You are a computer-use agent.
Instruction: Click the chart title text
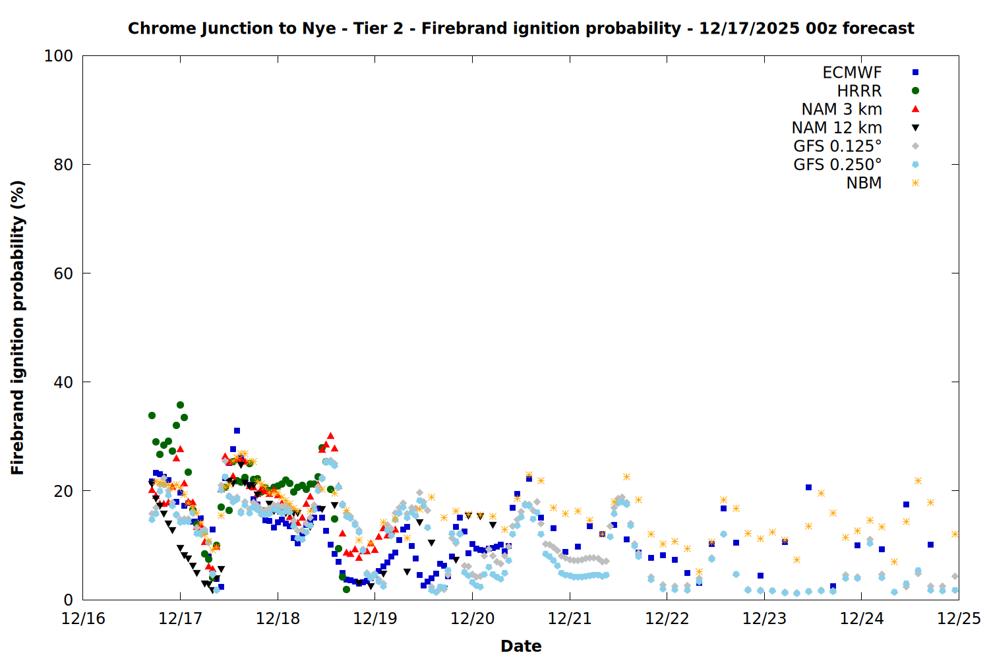click(x=521, y=28)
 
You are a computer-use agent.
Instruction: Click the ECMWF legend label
click(x=852, y=72)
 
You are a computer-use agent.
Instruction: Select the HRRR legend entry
click(x=859, y=91)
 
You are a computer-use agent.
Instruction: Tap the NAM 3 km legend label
click(x=841, y=109)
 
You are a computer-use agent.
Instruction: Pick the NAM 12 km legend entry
click(x=837, y=128)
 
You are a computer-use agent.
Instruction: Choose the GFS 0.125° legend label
click(x=837, y=146)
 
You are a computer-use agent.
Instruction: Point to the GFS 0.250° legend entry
click(x=837, y=165)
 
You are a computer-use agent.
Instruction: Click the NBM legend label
click(x=864, y=183)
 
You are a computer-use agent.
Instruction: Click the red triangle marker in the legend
click(x=915, y=109)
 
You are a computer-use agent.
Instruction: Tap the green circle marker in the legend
click(x=915, y=91)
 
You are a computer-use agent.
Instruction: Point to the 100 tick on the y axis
click(x=59, y=56)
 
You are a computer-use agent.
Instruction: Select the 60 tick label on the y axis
click(x=63, y=273)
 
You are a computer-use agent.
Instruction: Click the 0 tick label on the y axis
click(x=68, y=600)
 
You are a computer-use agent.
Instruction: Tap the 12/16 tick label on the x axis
click(x=83, y=619)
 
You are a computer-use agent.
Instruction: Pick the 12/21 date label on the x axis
click(x=570, y=619)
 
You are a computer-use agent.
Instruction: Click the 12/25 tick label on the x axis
click(x=959, y=619)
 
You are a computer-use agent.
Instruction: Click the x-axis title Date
click(x=521, y=646)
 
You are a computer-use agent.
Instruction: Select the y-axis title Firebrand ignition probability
click(x=17, y=328)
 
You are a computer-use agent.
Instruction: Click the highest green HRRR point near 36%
click(x=180, y=405)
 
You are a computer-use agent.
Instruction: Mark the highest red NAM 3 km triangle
click(x=330, y=436)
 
